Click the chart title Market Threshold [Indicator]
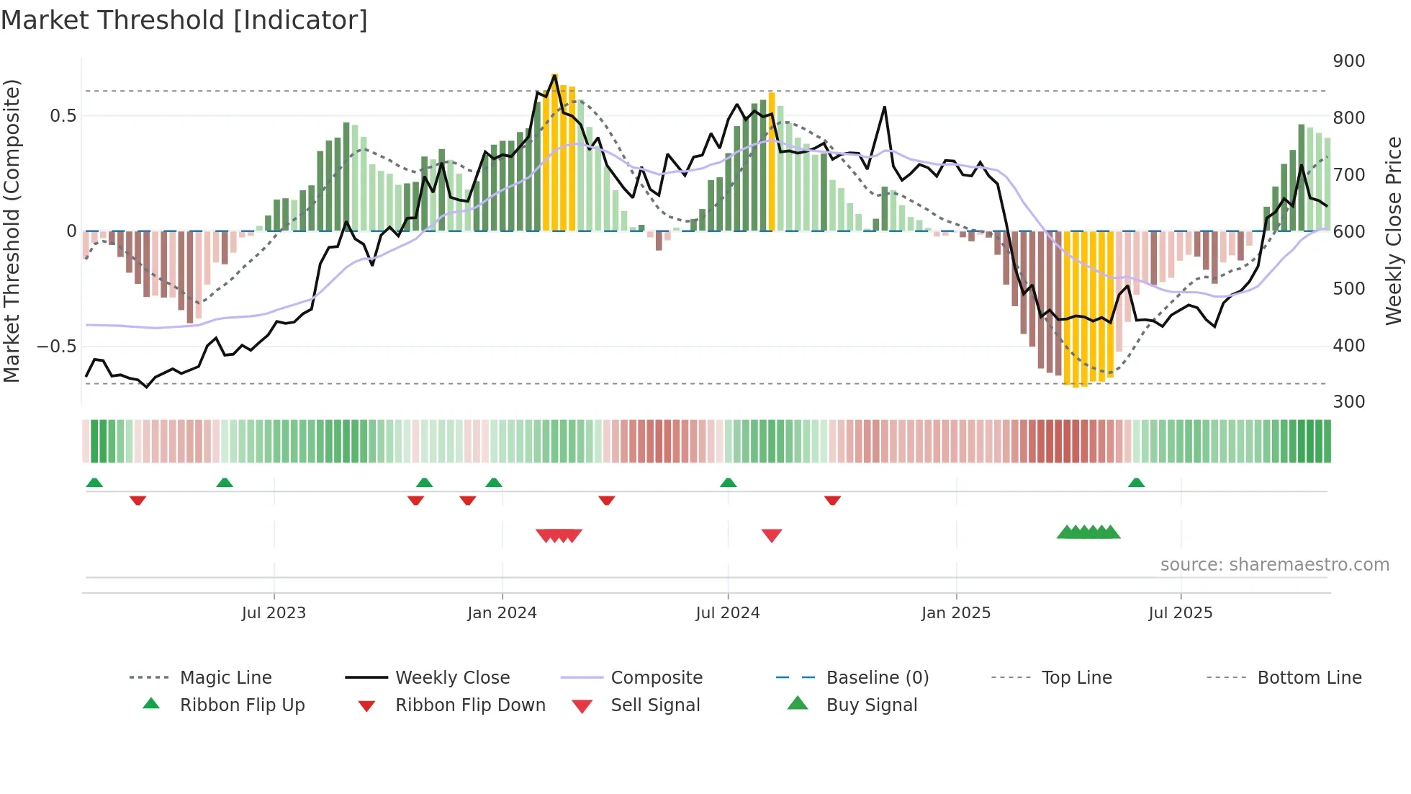(184, 20)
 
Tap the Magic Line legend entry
(225, 678)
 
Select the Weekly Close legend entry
(452, 678)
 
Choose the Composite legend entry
(656, 678)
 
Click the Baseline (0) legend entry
(877, 678)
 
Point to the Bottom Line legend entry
(1309, 678)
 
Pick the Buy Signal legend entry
(871, 705)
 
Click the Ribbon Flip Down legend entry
(469, 705)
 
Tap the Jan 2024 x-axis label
(502, 613)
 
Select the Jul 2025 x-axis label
(1180, 613)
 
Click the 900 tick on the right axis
(1348, 61)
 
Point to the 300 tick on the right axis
(1348, 402)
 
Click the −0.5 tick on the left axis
(56, 347)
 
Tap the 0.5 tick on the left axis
(63, 116)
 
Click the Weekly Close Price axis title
(1394, 231)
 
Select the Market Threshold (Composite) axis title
(12, 231)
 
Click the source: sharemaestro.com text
(1274, 565)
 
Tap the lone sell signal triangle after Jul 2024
(771, 535)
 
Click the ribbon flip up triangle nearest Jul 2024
(728, 483)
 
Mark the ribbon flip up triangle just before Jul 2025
(1136, 483)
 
